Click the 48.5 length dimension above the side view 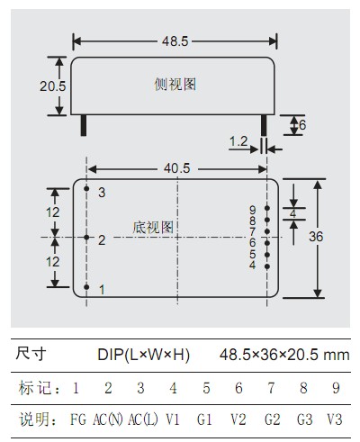pyautogui.click(x=175, y=41)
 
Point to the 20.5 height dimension pyautogui.click(x=53, y=86)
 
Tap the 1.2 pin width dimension pyautogui.click(x=238, y=141)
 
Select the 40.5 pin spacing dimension pyautogui.click(x=177, y=168)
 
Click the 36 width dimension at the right pyautogui.click(x=316, y=237)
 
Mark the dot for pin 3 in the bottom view pyautogui.click(x=86, y=188)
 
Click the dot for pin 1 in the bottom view pyautogui.click(x=86, y=287)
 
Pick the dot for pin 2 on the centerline pyautogui.click(x=86, y=238)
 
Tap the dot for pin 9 pyautogui.click(x=267, y=208)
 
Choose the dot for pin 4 pyautogui.click(x=267, y=266)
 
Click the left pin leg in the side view pyautogui.click(x=84, y=125)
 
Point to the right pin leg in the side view pyautogui.click(x=264, y=125)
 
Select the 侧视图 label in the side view pyautogui.click(x=175, y=85)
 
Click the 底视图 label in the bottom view pyautogui.click(x=153, y=228)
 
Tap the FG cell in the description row pyautogui.click(x=78, y=419)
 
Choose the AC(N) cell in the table pyautogui.click(x=108, y=419)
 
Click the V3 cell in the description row pyautogui.click(x=335, y=419)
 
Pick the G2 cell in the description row pyautogui.click(x=272, y=419)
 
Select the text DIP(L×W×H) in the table pyautogui.click(x=143, y=355)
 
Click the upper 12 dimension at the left pyautogui.click(x=53, y=212)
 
